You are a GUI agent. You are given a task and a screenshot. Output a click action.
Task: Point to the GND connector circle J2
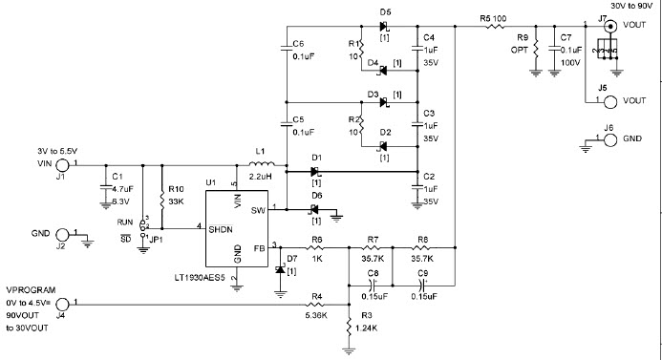coord(63,235)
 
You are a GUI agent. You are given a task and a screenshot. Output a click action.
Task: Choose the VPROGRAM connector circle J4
coord(63,306)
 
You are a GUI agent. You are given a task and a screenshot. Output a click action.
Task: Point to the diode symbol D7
coord(280,271)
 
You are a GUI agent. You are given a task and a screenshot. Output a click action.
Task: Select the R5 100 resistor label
coord(494,18)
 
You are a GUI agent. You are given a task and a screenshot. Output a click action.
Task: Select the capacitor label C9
coord(421,274)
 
